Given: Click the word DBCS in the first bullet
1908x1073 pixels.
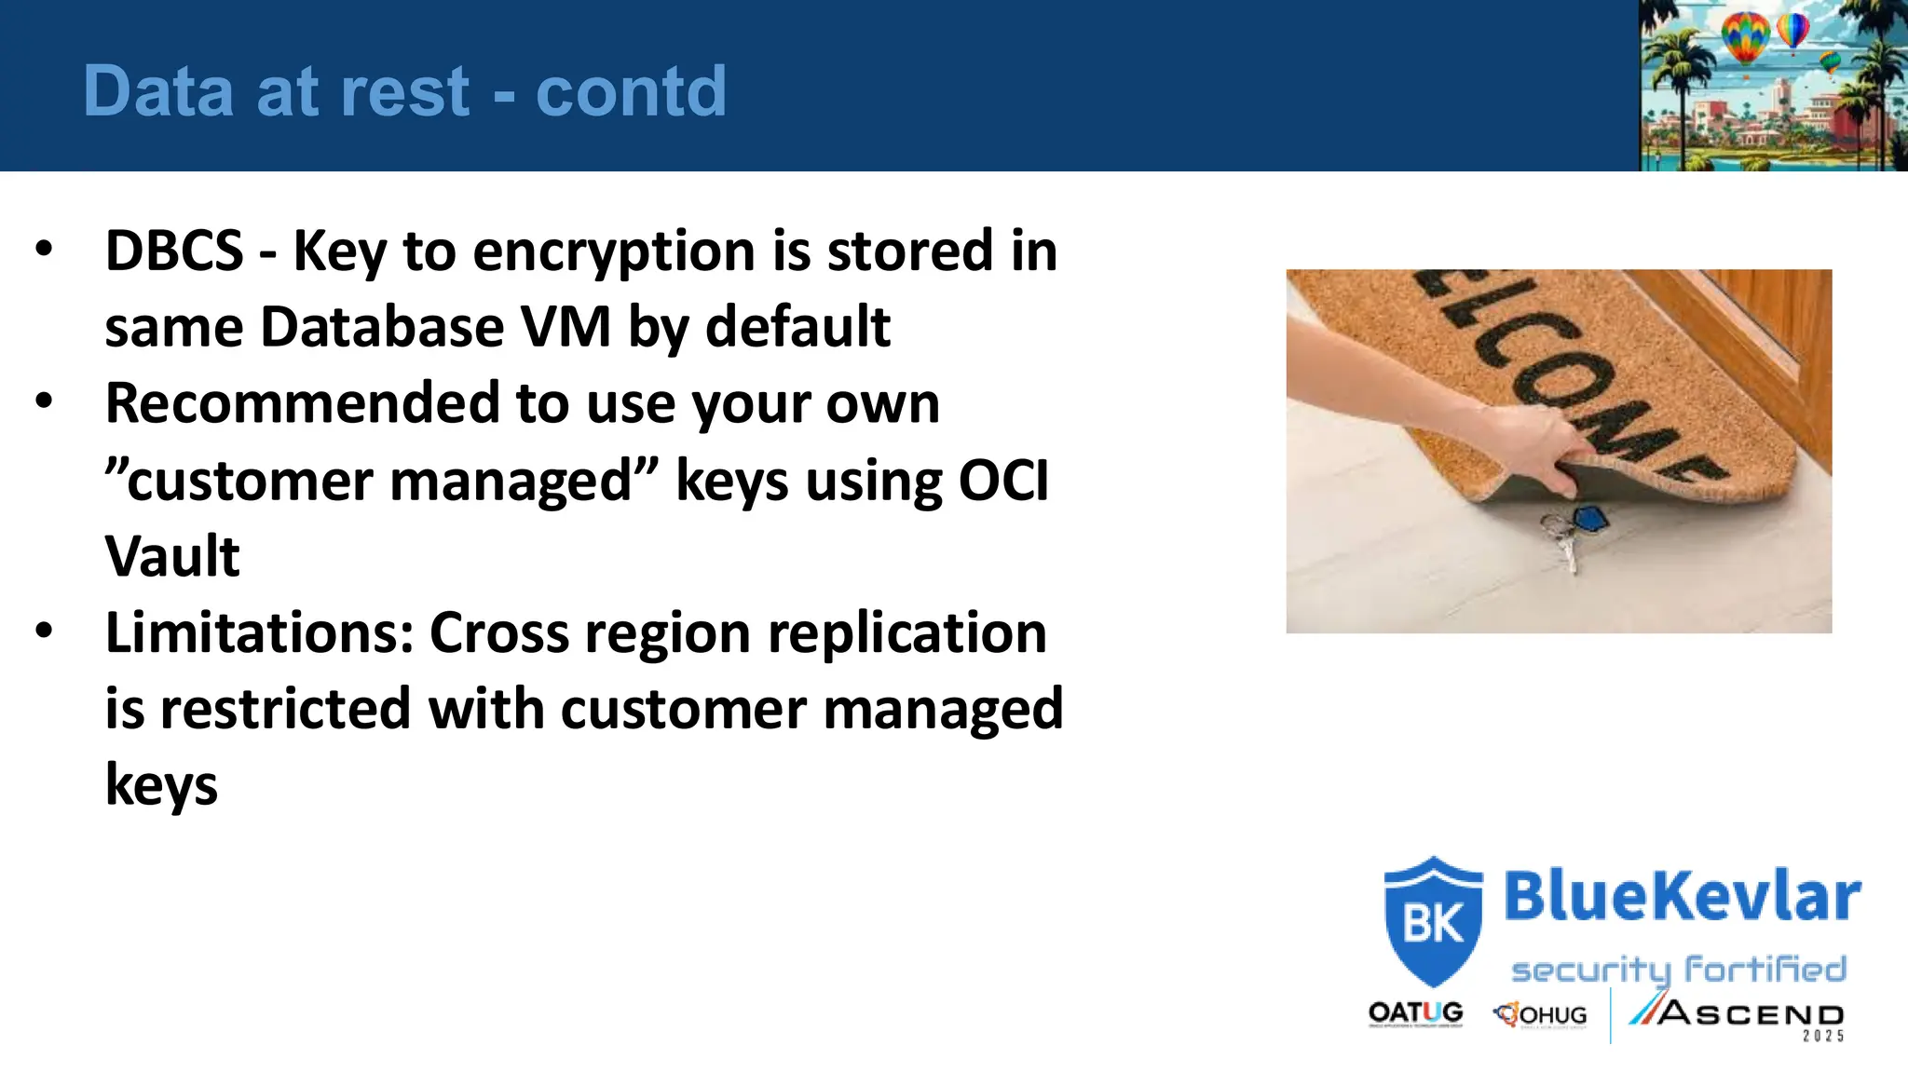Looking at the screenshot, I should (174, 251).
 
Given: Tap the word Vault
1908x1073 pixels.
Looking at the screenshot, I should (172, 557).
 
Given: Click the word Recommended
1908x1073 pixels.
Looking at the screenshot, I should (302, 403).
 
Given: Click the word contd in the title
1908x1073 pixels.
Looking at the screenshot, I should (631, 91).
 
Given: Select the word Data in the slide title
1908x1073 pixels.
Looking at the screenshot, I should (158, 91).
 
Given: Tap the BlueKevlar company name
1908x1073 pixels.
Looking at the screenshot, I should (1682, 896).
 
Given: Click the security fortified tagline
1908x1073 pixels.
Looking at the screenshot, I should (1678, 970).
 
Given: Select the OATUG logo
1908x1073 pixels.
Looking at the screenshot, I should (1415, 1013).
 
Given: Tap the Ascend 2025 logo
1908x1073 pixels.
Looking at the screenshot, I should (1738, 1015).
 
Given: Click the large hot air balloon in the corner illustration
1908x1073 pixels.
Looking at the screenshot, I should (1744, 37).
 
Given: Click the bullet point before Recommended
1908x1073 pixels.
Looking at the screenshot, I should (44, 401).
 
